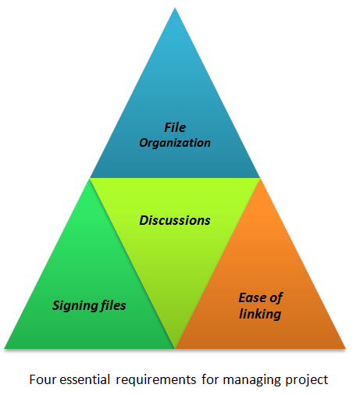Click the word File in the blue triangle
pos(175,127)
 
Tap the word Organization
pos(175,143)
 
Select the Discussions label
pos(175,220)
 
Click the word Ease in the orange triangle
pos(252,297)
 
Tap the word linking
pos(260,314)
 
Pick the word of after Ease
pos(276,297)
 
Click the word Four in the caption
pos(43,379)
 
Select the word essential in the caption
pos(85,379)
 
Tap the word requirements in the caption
pos(156,380)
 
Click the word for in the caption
pos(210,379)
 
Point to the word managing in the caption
pos(252,381)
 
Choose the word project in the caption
pos(307,381)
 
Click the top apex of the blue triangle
pos(175,8)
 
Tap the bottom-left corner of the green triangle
pos(5,348)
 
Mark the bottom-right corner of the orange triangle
pos(345,348)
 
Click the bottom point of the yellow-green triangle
pos(175,348)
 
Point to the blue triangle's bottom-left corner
pos(90,178)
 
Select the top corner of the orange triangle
pos(260,179)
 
